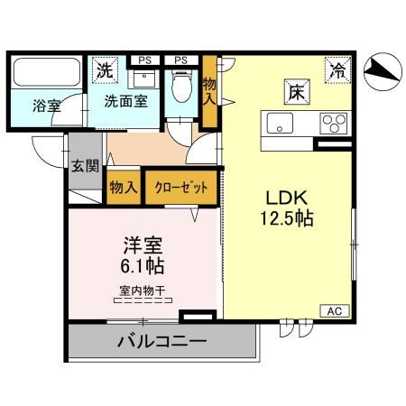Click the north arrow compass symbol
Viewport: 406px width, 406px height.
click(383, 69)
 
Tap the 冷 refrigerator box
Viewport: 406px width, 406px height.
click(336, 68)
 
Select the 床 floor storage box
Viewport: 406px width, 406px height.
click(295, 91)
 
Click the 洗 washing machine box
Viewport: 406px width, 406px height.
click(105, 69)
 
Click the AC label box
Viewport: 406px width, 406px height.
click(333, 310)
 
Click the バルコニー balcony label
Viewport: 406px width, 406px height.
click(162, 343)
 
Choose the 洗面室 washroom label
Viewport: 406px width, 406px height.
click(124, 102)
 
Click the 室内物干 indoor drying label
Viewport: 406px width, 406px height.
click(143, 291)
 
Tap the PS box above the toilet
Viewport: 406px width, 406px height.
click(181, 60)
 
